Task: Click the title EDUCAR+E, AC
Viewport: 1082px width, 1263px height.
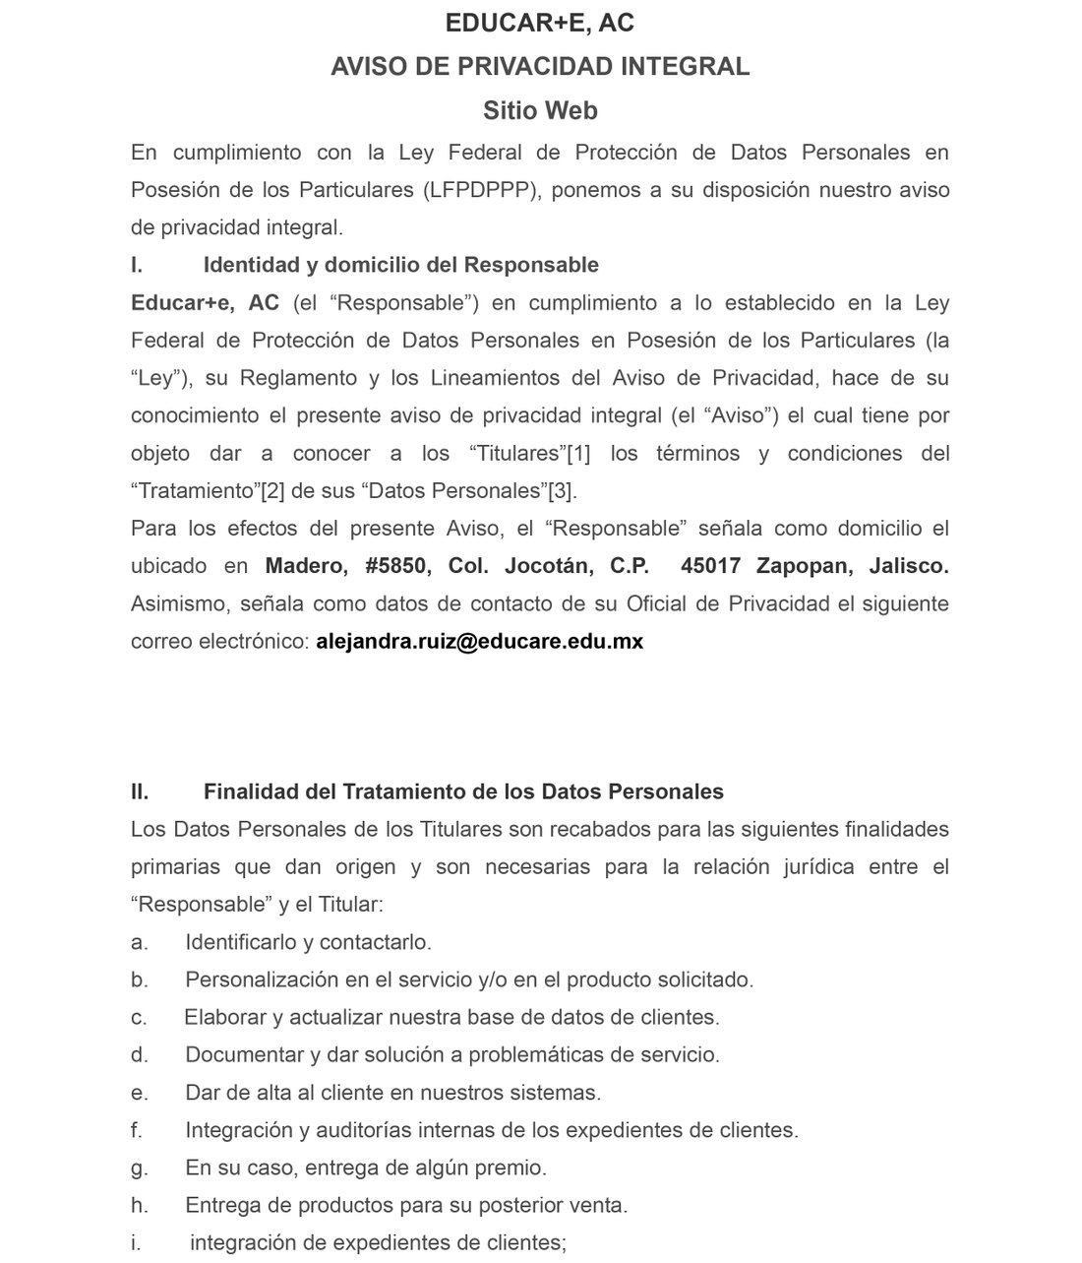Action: click(540, 23)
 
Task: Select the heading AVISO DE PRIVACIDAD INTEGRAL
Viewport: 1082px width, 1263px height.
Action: click(540, 66)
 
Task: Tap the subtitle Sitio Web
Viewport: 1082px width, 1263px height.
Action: click(540, 110)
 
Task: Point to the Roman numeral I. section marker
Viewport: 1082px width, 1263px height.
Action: click(137, 265)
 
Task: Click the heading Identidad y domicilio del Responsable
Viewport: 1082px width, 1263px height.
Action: click(400, 265)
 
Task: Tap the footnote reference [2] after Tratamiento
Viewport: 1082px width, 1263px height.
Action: click(272, 491)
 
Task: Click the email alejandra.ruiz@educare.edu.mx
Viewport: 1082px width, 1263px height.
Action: click(479, 642)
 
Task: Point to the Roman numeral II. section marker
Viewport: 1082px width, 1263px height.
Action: click(140, 791)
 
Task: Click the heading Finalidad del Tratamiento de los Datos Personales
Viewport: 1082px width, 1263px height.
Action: click(463, 791)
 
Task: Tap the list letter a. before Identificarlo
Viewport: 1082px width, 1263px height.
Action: click(139, 942)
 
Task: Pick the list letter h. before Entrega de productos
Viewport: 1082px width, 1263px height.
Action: click(139, 1205)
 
